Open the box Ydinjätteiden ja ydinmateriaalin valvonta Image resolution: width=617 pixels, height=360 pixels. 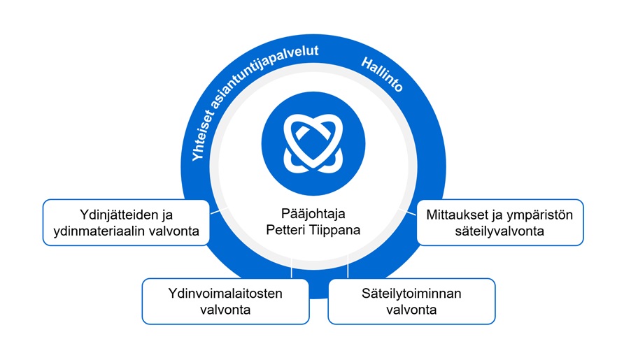127,222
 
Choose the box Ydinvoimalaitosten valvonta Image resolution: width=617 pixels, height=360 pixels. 225,301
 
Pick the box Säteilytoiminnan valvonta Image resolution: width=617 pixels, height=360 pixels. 411,301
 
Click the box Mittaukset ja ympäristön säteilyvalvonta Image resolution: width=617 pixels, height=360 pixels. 499,222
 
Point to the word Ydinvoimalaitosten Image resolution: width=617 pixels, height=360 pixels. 225,294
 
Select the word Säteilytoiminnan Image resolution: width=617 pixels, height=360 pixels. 411,294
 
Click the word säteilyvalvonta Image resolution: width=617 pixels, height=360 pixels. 499,231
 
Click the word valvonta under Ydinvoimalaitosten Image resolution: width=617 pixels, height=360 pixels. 225,310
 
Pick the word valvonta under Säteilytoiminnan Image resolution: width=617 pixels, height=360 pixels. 411,310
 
